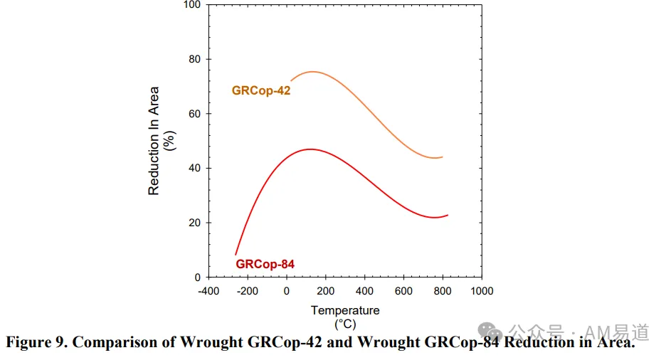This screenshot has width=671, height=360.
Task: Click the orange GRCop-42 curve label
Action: coord(261,91)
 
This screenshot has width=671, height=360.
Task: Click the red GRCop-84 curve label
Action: coord(265,264)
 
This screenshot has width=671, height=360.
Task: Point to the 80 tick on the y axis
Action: coord(195,59)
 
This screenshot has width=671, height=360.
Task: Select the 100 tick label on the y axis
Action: coord(192,5)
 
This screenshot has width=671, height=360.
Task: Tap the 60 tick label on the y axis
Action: coord(195,114)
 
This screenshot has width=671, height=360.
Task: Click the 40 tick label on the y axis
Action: coord(195,168)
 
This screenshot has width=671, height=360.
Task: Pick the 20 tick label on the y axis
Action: coord(195,223)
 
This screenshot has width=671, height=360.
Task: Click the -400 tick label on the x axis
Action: coord(208,291)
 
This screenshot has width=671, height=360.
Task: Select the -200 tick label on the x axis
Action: coord(248,291)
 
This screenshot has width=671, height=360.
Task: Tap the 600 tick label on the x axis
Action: coord(403,291)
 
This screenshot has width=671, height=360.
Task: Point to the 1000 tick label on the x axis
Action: coord(482,291)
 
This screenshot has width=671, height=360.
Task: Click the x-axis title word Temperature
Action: coord(345,310)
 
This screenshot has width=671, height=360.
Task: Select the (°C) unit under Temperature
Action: coord(345,324)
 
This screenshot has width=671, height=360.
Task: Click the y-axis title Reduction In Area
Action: coord(154,141)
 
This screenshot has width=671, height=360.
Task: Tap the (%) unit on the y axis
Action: coord(169,141)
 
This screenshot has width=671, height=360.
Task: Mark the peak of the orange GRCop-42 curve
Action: coord(313,72)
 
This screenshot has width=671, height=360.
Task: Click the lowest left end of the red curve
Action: coord(236,255)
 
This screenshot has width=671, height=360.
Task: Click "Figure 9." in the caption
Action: coord(36,342)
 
